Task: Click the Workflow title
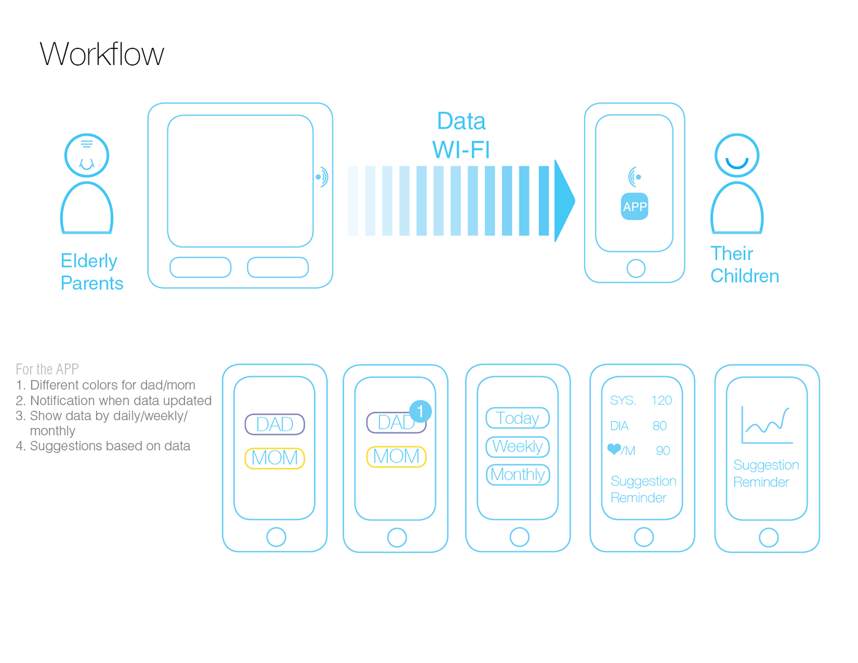(x=102, y=54)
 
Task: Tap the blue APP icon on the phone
(x=634, y=207)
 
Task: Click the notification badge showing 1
(x=420, y=411)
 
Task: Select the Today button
(x=517, y=418)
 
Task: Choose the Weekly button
(x=517, y=446)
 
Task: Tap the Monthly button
(x=517, y=475)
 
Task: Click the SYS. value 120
(x=661, y=400)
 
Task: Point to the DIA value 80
(x=659, y=426)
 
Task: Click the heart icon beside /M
(x=613, y=449)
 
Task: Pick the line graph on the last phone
(x=766, y=424)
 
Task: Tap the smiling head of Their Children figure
(x=737, y=156)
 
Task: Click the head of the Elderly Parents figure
(x=87, y=156)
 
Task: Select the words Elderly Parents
(x=92, y=272)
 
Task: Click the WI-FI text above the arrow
(x=461, y=150)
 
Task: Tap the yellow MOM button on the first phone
(x=275, y=458)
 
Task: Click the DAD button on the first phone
(x=275, y=424)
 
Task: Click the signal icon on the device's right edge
(x=322, y=177)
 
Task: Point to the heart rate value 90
(x=662, y=451)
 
